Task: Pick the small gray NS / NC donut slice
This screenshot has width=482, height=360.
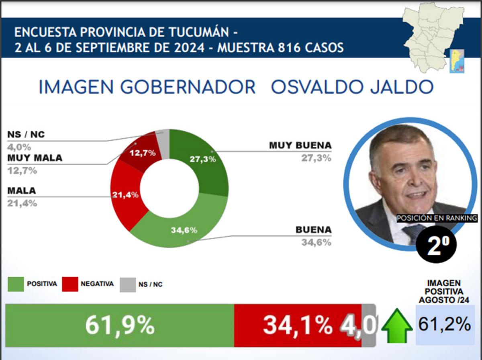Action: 163,139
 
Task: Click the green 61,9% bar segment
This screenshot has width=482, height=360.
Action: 119,325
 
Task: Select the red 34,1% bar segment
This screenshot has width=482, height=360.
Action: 297,325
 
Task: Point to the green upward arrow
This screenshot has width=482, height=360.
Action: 396,325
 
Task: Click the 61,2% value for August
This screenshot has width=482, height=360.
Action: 445,325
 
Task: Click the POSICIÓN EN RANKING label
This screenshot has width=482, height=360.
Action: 437,218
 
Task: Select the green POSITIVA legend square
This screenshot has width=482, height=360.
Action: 16,284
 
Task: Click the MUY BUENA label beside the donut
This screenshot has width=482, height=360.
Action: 301,145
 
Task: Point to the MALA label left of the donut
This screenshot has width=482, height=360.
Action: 22,191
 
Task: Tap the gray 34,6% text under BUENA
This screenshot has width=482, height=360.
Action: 316,242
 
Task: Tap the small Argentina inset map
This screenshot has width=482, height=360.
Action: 457,61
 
